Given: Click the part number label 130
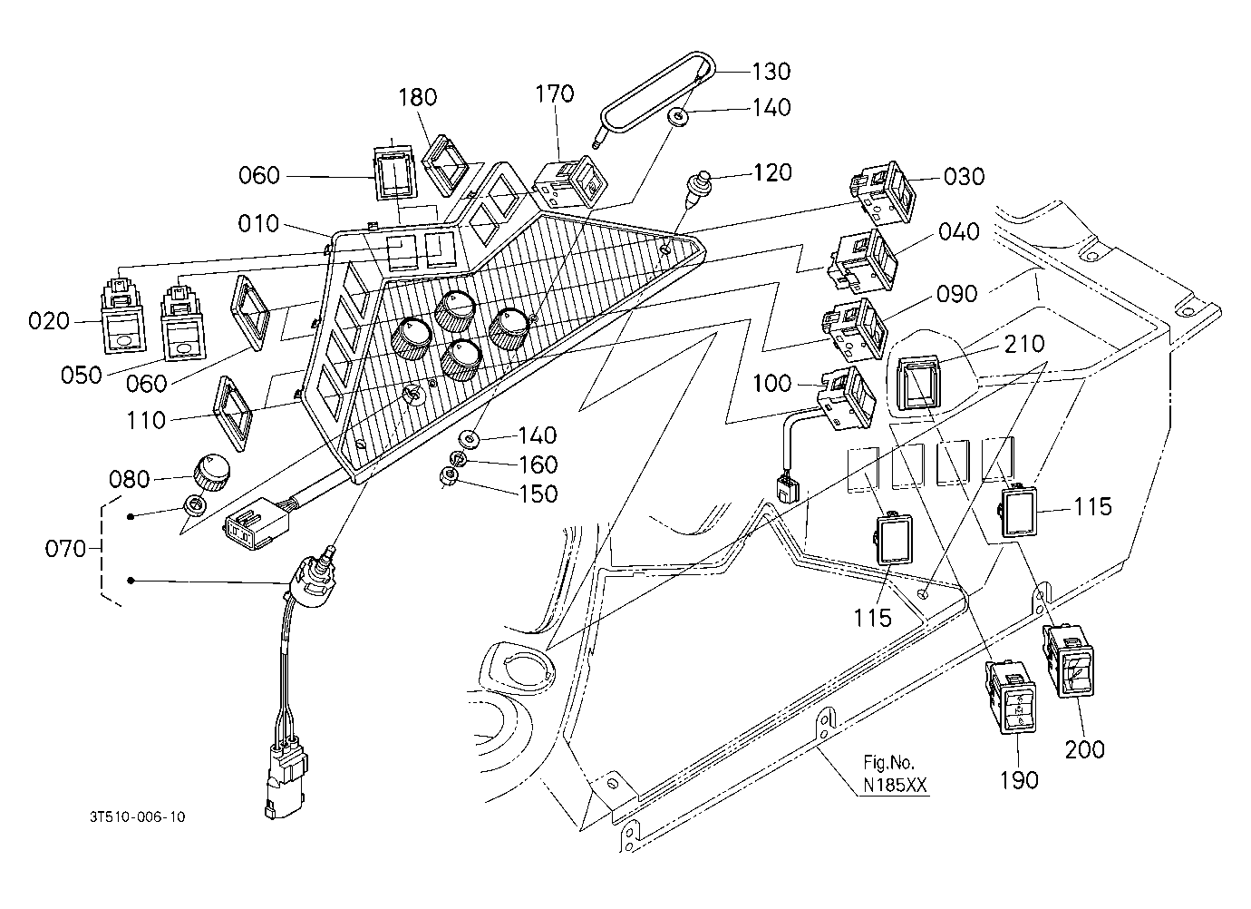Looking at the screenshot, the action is tap(771, 72).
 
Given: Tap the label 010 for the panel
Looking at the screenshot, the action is tap(258, 223).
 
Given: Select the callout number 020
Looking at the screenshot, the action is tap(49, 321).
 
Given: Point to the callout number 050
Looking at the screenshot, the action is tap(82, 375).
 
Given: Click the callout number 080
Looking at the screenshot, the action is tap(129, 480).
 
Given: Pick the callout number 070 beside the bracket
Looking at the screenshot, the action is tap(65, 549).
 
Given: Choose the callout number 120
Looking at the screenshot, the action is tap(772, 172).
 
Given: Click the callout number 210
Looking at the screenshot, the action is tap(1023, 344).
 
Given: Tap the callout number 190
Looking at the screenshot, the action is tap(1019, 780).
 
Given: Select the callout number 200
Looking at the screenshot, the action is tap(1084, 749).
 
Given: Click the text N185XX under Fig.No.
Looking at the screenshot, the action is tap(895, 786).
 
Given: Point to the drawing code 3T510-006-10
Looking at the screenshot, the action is tap(138, 816).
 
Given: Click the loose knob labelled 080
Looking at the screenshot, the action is tap(211, 473).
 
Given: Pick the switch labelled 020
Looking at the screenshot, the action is tap(122, 316).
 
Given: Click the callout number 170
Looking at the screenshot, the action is tap(554, 94).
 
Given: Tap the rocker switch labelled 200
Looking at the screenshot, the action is tap(1067, 661).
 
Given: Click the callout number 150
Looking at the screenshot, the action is tap(538, 494).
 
